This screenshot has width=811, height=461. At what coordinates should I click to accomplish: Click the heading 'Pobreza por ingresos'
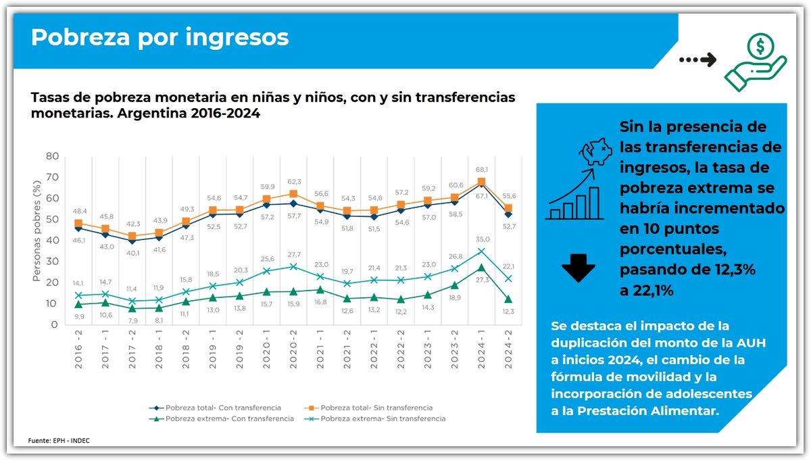[x=159, y=37]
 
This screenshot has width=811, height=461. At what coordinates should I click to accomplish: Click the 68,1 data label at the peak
[x=482, y=170]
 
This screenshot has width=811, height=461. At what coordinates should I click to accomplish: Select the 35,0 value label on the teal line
[x=482, y=239]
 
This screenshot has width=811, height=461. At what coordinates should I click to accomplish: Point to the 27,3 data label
[x=482, y=280]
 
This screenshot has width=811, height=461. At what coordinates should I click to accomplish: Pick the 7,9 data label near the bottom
[x=132, y=320]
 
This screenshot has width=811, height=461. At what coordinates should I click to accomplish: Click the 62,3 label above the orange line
[x=293, y=182]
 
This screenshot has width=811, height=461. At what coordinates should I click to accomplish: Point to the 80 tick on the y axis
[x=52, y=156]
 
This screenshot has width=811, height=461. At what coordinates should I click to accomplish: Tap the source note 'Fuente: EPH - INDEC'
[x=59, y=441]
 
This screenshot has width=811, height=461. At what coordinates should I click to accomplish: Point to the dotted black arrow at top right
[x=697, y=60]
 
